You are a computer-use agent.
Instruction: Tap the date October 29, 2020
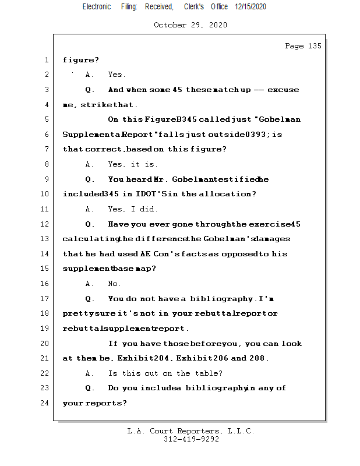(190, 25)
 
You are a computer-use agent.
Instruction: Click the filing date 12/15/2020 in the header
(250, 6)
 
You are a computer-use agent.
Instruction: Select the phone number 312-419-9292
(191, 439)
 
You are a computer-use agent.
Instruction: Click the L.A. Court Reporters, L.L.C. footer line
(191, 431)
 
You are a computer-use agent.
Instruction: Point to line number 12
(45, 224)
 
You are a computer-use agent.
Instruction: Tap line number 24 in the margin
(45, 403)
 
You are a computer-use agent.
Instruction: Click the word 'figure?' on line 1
(81, 60)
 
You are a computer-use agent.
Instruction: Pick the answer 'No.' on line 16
(114, 284)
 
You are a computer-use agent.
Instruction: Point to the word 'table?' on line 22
(209, 373)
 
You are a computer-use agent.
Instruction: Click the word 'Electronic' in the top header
(97, 6)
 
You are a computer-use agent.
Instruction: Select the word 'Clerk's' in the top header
(193, 6)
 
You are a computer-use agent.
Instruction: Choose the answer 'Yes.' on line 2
(117, 75)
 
